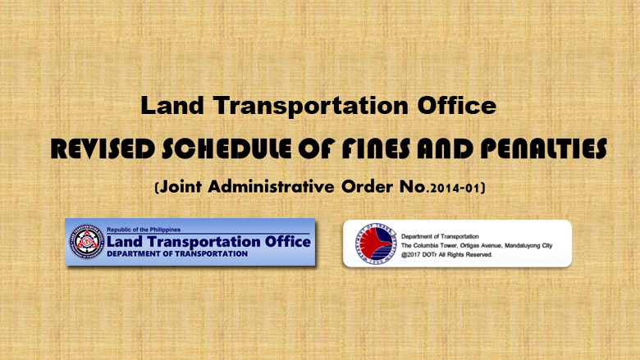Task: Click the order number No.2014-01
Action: tap(449, 187)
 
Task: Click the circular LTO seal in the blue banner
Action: tap(85, 242)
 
